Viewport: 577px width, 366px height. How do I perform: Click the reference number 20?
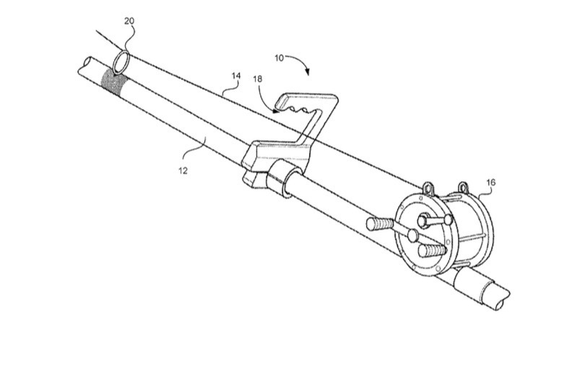click(x=129, y=21)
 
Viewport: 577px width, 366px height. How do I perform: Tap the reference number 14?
click(x=236, y=76)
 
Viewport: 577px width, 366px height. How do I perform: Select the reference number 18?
click(x=258, y=79)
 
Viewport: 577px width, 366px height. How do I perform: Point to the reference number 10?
click(x=279, y=58)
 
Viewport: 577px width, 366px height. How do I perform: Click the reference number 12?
click(x=183, y=170)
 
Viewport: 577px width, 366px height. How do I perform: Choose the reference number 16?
click(x=491, y=182)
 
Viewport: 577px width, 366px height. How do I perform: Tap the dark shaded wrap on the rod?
click(x=112, y=82)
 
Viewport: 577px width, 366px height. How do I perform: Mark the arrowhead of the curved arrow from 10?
click(x=307, y=72)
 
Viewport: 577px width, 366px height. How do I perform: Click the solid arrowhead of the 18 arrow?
click(x=276, y=110)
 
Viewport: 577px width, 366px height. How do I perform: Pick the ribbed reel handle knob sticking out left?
click(x=379, y=224)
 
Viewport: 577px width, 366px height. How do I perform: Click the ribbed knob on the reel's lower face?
click(x=432, y=251)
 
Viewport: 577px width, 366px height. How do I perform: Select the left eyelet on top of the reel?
click(x=428, y=188)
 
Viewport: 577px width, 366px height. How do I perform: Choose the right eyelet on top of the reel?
click(x=463, y=188)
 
